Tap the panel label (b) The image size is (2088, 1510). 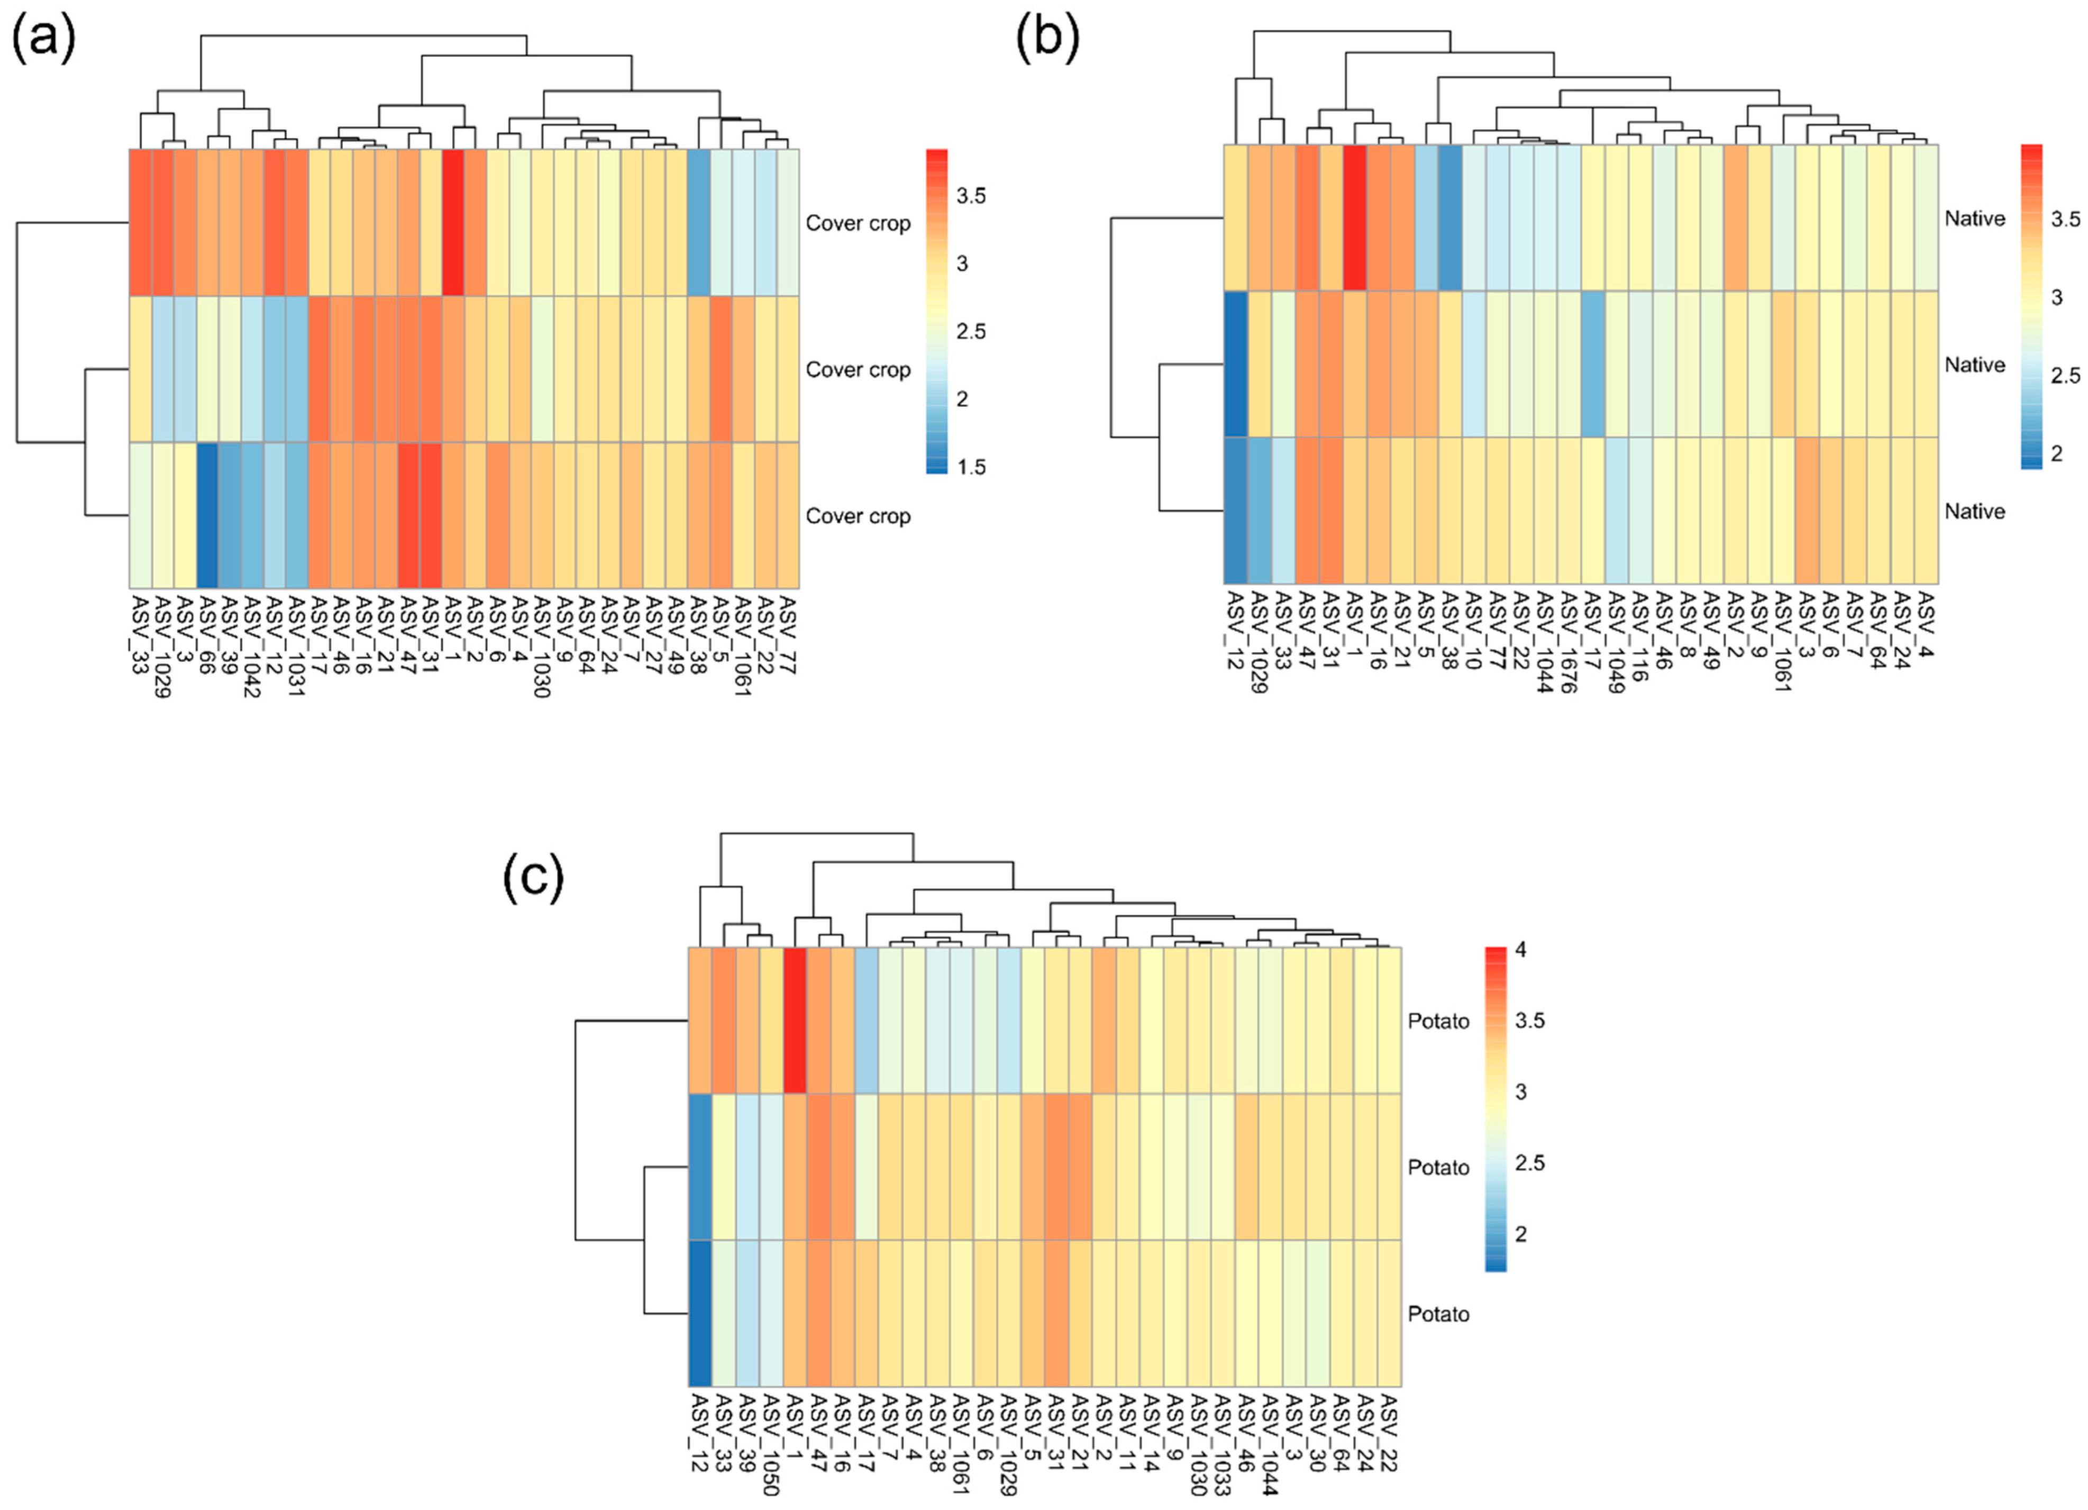tap(1047, 41)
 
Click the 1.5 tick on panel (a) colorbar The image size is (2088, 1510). tap(970, 467)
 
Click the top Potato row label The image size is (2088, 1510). tap(1438, 1021)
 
